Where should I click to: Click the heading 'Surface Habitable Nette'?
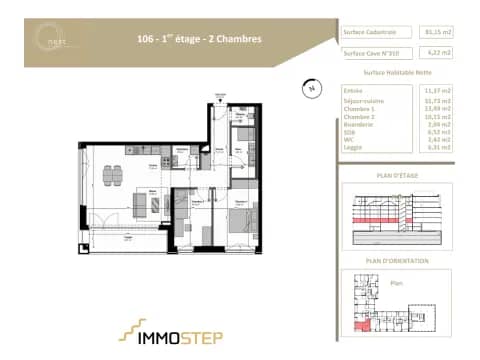tap(397, 73)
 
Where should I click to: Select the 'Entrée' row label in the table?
tap(352, 91)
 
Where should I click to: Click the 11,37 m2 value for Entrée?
tap(436, 91)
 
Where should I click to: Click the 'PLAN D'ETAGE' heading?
tap(397, 176)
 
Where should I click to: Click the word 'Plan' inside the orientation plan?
tap(396, 284)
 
